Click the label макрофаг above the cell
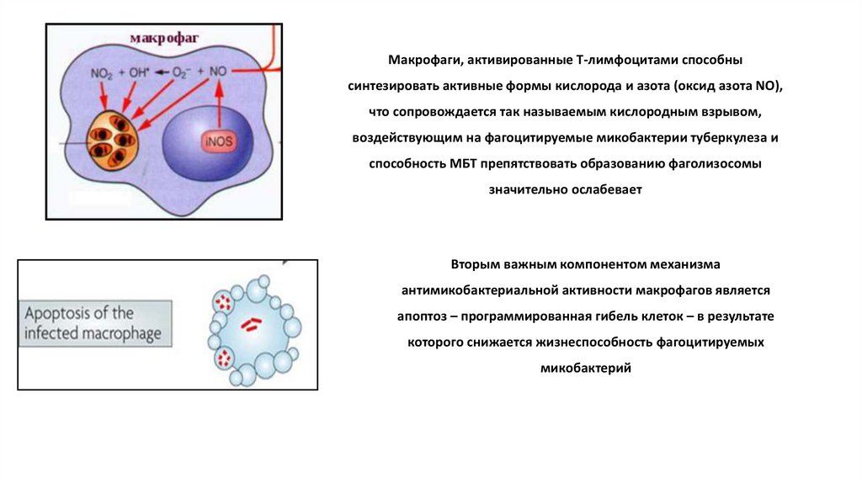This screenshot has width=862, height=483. coord(164,38)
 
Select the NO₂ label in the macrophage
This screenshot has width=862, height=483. coord(103,72)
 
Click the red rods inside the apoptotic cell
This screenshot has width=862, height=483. coord(251,322)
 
